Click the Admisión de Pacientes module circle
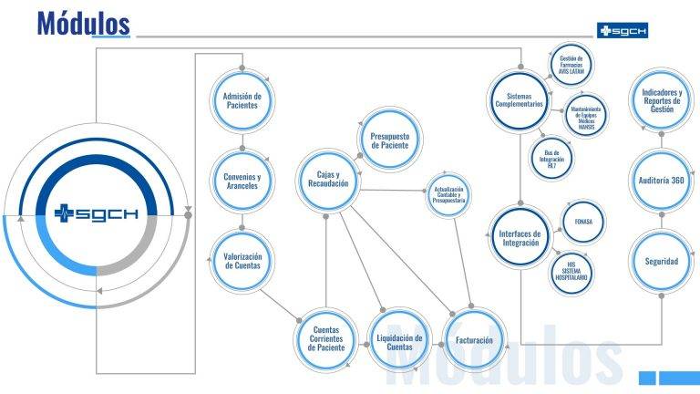[242, 98]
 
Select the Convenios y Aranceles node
[242, 181]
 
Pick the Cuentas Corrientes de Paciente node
[327, 339]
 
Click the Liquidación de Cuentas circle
[399, 342]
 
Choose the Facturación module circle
[474, 340]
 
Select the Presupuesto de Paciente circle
[389, 139]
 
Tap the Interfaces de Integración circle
[520, 236]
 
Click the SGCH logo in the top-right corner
[622, 30]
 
